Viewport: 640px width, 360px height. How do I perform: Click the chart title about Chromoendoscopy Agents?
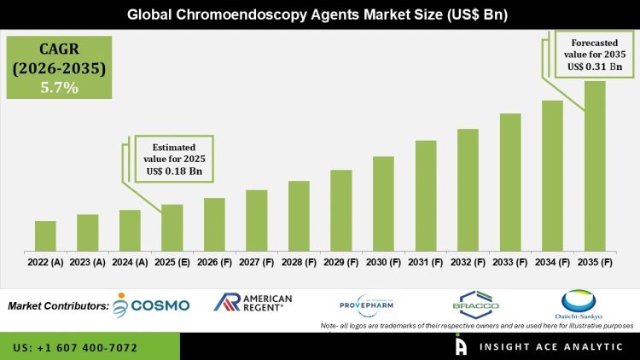click(320, 15)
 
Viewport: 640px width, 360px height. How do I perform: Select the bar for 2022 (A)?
click(46, 236)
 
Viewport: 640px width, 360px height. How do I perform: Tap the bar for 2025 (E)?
click(172, 228)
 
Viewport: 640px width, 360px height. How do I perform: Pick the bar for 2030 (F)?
click(383, 204)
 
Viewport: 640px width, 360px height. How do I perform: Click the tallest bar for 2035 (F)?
click(595, 166)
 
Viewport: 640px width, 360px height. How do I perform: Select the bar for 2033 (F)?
click(510, 183)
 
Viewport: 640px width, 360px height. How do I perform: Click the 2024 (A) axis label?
click(130, 263)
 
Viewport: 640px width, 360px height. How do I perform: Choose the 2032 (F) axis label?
click(468, 263)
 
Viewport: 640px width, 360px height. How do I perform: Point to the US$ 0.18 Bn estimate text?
click(173, 171)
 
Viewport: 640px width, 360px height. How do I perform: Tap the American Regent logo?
click(253, 303)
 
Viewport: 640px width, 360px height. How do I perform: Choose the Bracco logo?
click(475, 305)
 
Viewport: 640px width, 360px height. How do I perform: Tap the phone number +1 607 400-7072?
click(75, 348)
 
